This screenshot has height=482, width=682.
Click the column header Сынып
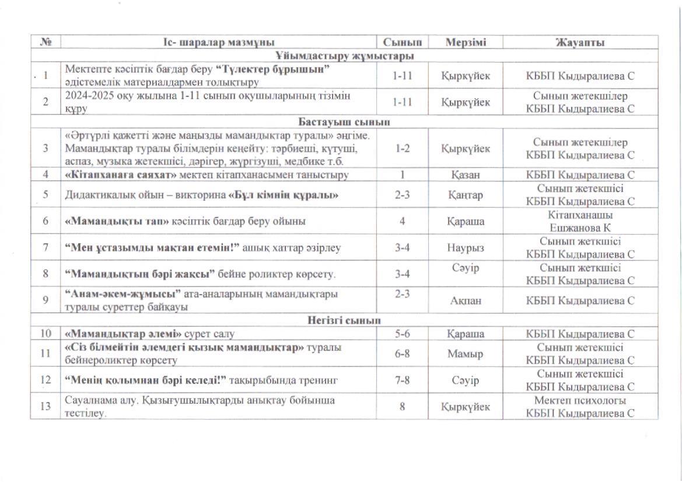(x=402, y=43)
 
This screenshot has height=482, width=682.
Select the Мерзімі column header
(x=466, y=43)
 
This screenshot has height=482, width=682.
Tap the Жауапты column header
(x=580, y=43)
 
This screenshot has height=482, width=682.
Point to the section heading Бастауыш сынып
(x=344, y=122)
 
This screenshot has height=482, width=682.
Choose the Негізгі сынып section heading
(x=344, y=321)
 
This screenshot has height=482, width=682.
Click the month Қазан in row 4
(x=465, y=174)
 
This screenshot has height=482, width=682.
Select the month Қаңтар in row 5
(x=465, y=195)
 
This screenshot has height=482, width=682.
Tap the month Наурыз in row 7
(x=465, y=248)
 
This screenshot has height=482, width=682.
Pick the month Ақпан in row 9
(x=465, y=301)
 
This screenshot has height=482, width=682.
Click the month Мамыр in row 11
(x=465, y=354)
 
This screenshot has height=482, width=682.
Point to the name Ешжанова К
(x=580, y=228)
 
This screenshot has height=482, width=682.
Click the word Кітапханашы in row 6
(x=580, y=215)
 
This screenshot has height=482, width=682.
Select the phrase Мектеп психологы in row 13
(x=580, y=401)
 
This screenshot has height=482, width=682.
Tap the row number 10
(x=46, y=334)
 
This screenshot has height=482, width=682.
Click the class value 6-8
(x=402, y=354)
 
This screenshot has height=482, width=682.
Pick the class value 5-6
(x=402, y=334)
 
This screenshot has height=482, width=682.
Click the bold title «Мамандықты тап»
(x=117, y=221)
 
